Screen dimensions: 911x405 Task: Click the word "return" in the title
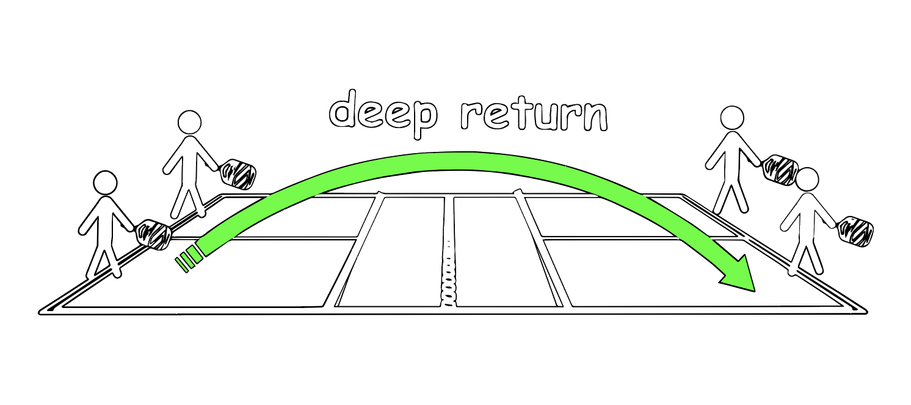coord(533,113)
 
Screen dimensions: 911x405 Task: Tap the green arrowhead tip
coord(753,289)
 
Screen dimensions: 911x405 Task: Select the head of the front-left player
coord(105,182)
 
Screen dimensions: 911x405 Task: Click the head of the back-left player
coord(189,122)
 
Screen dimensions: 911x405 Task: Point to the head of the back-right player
coord(731,118)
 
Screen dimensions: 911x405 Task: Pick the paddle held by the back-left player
coord(238,173)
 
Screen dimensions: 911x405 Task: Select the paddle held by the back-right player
coord(780,169)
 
